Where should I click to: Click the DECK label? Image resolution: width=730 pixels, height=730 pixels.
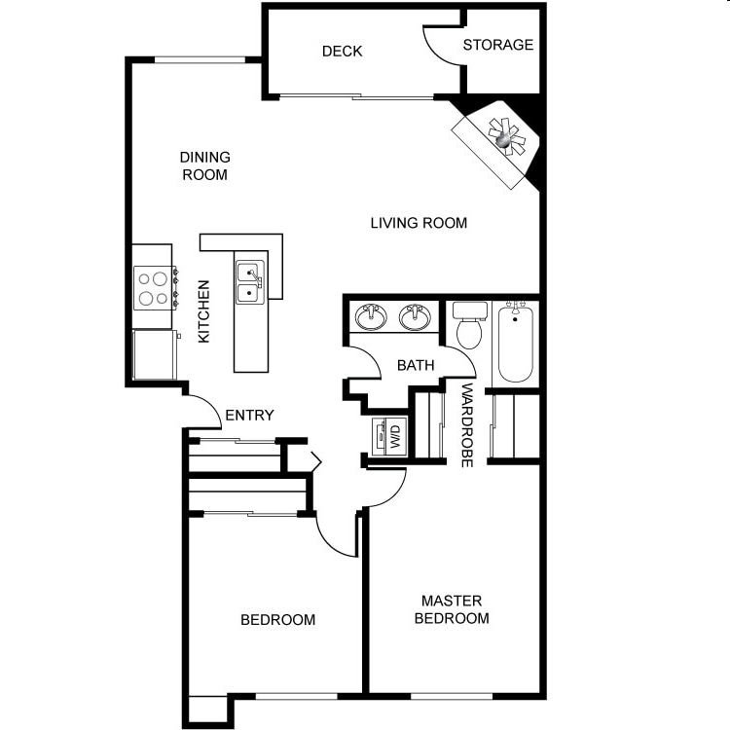(x=342, y=51)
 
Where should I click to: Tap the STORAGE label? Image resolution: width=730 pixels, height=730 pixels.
(x=497, y=45)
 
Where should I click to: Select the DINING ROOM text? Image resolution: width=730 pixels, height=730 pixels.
(x=204, y=165)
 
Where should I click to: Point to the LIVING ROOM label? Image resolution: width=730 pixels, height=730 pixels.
(x=419, y=223)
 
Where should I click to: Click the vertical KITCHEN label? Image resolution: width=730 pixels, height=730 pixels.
(x=204, y=311)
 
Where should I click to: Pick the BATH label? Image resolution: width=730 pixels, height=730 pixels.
(x=416, y=366)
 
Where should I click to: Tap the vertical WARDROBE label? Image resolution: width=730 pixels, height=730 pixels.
(x=467, y=425)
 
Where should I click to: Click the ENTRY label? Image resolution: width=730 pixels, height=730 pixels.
(x=249, y=416)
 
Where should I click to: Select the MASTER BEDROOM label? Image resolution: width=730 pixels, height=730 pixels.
(x=452, y=609)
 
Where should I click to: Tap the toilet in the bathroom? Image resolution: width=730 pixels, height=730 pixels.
(x=468, y=328)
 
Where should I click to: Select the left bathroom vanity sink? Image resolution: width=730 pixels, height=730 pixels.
(x=370, y=316)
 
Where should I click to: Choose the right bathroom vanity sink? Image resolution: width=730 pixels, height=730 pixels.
(x=416, y=316)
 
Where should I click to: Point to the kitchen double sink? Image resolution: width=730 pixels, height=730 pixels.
(x=249, y=280)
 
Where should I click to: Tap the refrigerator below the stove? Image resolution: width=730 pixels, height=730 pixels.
(x=154, y=355)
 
